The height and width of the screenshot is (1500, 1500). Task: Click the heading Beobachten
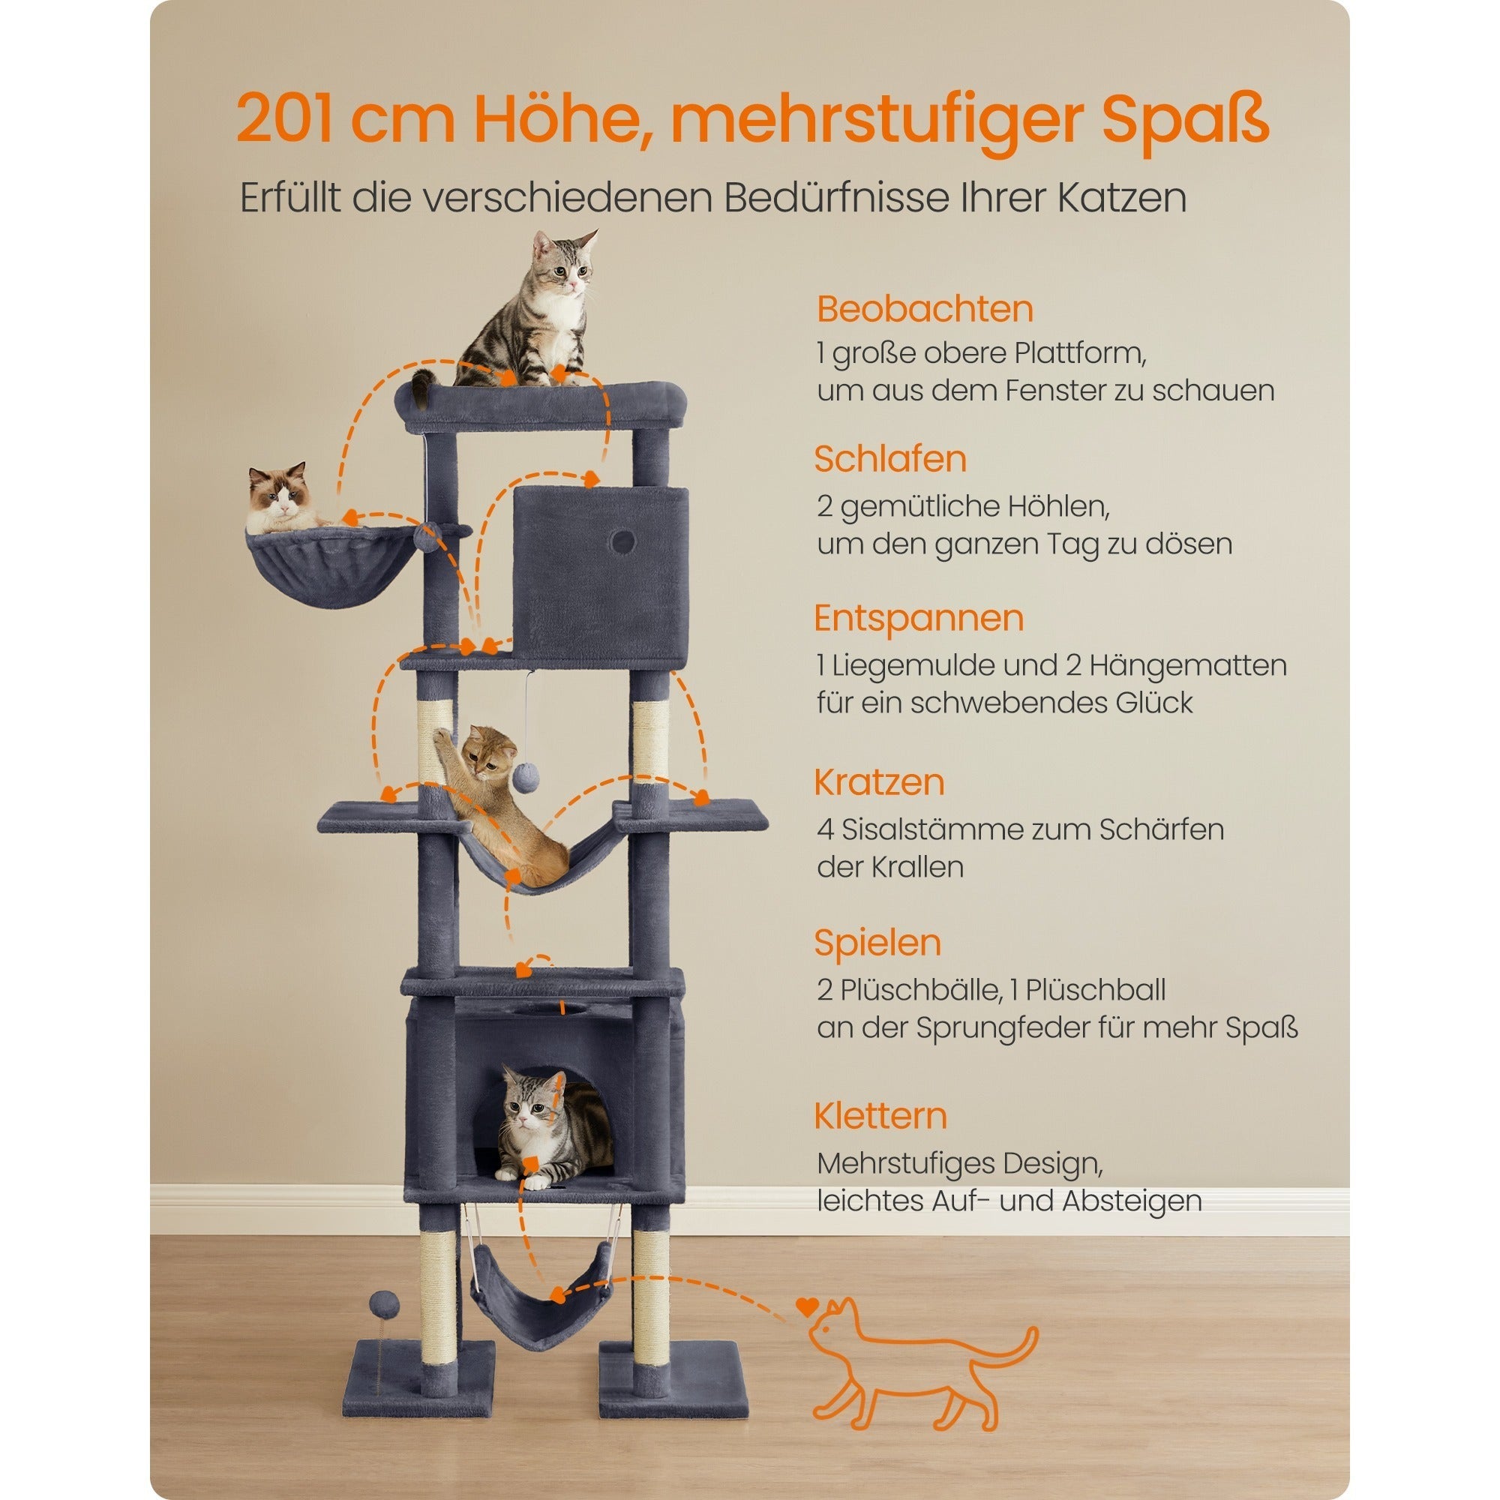click(925, 309)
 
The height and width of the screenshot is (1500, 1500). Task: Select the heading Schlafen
click(889, 459)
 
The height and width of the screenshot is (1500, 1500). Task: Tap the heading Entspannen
click(919, 618)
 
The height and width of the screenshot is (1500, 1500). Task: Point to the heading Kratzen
click(879, 781)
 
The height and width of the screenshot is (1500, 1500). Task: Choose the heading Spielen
click(877, 943)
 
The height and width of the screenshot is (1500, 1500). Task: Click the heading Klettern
click(880, 1116)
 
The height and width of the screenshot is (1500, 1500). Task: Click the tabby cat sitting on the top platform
click(535, 314)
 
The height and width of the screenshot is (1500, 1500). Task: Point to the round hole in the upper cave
click(621, 541)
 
